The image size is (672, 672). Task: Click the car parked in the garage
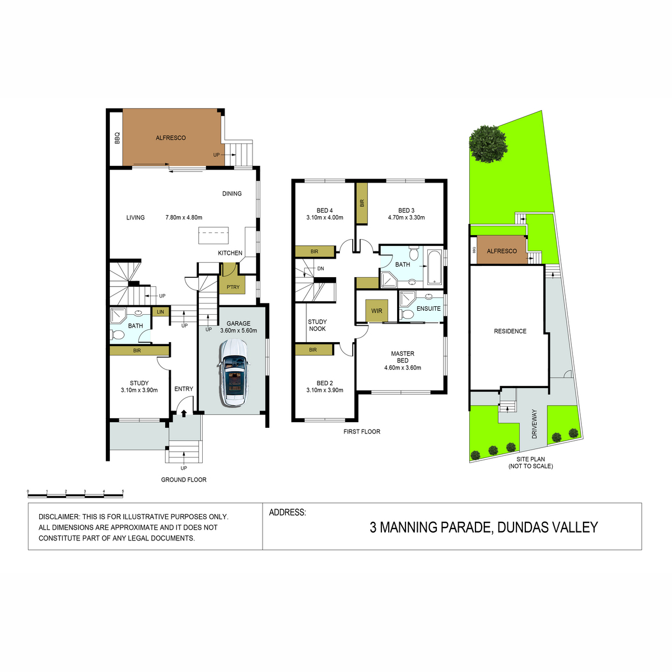coord(234,372)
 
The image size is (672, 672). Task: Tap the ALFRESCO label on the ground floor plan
coord(171,138)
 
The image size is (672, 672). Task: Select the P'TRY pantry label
coord(233,287)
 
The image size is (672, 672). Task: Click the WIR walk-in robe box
coord(376,311)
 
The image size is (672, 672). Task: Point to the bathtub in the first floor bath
coord(435,267)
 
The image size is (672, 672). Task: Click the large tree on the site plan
coord(488,144)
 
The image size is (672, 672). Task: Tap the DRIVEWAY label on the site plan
coord(535,424)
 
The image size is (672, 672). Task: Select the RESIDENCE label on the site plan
coord(510,331)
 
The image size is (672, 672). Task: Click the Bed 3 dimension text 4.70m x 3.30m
coord(406,218)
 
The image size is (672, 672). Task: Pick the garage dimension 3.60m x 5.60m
coord(239,330)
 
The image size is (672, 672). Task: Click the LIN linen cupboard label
coord(160,312)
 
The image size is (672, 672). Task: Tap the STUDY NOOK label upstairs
coord(317,325)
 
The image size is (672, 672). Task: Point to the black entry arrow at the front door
coord(184,413)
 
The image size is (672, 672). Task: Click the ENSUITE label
coord(428,309)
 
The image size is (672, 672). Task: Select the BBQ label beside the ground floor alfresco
coord(117,138)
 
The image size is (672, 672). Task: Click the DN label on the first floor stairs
coord(320,269)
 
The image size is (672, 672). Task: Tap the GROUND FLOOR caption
coord(184,480)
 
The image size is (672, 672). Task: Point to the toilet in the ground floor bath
coord(118,335)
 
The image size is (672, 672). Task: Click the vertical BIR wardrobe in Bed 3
coord(362,203)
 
